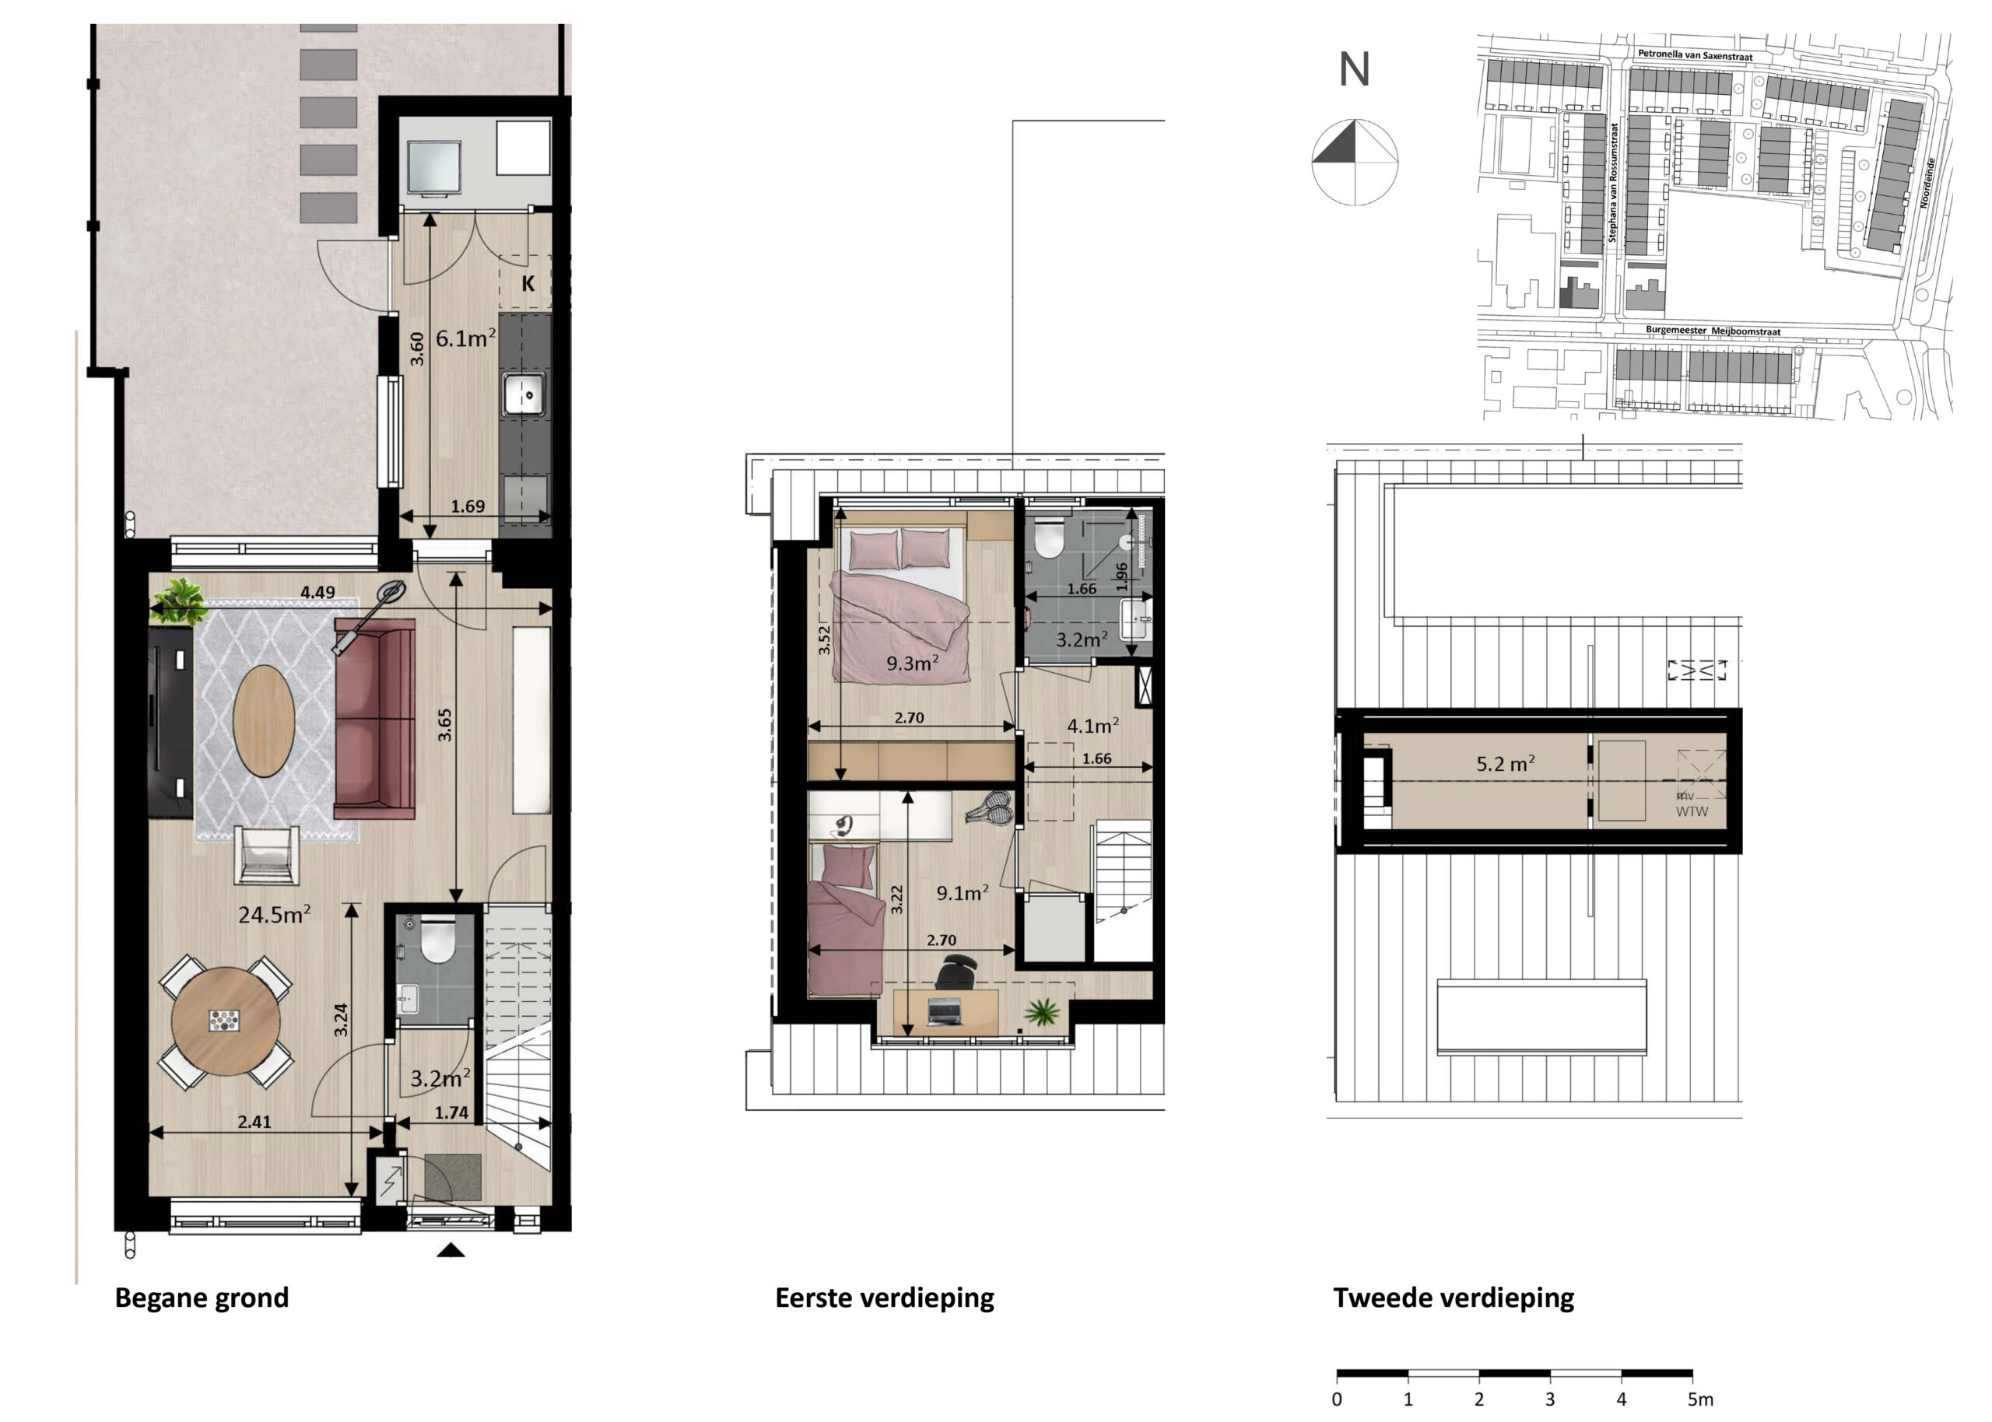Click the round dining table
226,1021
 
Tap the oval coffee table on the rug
264,720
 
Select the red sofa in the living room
375,718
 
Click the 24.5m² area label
274,915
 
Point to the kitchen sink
524,395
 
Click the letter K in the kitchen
528,284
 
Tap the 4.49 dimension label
317,592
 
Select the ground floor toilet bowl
438,940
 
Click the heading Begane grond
202,1298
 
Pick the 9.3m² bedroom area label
913,663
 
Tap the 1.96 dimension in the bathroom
1121,577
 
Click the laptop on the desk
945,1012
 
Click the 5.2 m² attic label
1505,764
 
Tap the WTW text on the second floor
1692,811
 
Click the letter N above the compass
1354,69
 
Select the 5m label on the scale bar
1700,1399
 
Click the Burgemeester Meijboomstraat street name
1713,331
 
